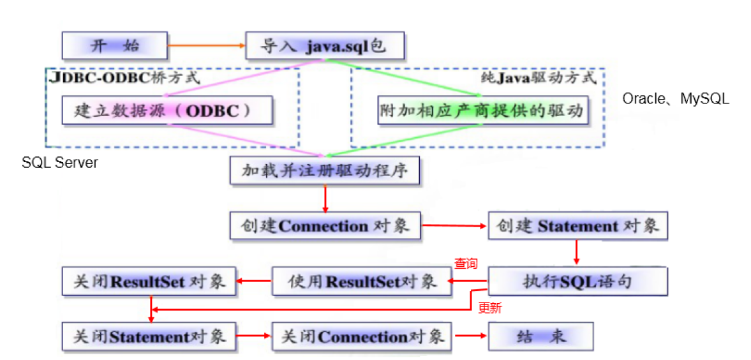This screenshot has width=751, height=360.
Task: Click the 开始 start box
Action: pos(114,46)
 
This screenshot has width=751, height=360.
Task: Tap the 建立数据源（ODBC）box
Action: pos(168,110)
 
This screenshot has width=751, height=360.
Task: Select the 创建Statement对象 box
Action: pos(577,226)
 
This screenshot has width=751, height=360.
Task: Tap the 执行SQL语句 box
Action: pos(577,281)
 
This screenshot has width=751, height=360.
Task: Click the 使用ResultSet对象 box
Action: pos(362,281)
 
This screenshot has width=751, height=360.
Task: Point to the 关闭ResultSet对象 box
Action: pos(149,281)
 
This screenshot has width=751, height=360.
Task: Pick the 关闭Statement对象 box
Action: pos(149,336)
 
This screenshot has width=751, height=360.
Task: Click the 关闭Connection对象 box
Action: pos(362,336)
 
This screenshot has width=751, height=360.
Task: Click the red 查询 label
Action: pos(465,264)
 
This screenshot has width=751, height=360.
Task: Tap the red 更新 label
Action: pos(490,308)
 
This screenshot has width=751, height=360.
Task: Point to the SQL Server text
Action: pos(60,163)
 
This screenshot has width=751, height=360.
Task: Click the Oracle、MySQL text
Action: pos(676,99)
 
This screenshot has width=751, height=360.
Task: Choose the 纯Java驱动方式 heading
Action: pos(539,78)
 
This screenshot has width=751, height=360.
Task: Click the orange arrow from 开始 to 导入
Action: pos(207,46)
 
